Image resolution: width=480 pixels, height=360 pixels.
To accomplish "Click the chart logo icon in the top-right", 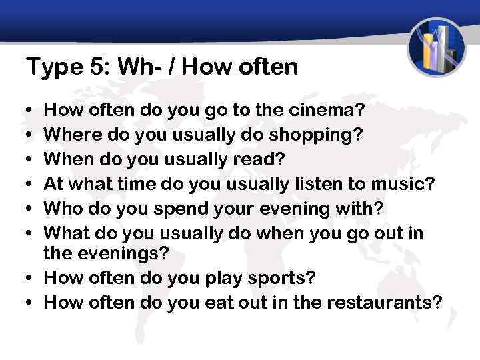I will coord(436,47).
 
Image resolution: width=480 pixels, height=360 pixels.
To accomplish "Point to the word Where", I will coord(68,136).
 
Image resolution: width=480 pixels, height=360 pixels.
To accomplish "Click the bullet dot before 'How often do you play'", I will coord(31,278).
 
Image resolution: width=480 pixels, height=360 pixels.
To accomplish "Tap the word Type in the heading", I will coord(48,67).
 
